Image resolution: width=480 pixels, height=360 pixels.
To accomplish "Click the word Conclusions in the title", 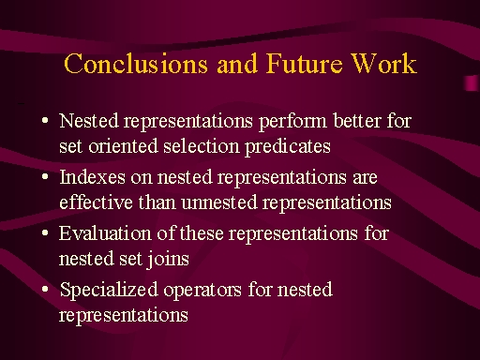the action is click(136, 64).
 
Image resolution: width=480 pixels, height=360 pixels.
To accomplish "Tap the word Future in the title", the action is click(305, 64).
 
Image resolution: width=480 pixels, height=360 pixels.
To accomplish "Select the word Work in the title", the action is click(383, 64).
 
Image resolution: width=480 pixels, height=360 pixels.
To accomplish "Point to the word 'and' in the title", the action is click(237, 64).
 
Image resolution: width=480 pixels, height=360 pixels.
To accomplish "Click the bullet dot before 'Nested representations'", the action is click(45, 120).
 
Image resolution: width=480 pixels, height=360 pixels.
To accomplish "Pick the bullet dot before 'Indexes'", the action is click(45, 176).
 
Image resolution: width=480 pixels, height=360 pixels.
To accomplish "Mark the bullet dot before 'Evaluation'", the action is click(45, 232).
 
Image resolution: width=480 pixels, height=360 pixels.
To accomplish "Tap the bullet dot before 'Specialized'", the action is click(45, 289).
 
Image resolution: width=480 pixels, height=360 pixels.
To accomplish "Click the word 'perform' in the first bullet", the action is click(292, 122).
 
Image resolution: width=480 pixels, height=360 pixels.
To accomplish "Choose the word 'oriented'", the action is click(123, 146).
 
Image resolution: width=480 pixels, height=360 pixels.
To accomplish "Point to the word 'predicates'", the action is click(288, 147).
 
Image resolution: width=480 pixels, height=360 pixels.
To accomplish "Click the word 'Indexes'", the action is click(92, 177).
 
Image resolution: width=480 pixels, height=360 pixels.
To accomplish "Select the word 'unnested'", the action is click(219, 202).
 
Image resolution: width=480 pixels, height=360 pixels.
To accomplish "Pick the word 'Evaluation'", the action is click(105, 233).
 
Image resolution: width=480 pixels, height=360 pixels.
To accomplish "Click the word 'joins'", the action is click(168, 260).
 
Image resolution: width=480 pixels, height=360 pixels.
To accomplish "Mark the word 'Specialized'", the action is click(109, 291).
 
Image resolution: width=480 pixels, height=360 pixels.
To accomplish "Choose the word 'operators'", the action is click(202, 291).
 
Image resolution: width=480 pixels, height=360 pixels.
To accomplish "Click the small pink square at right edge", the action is click(472, 83).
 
